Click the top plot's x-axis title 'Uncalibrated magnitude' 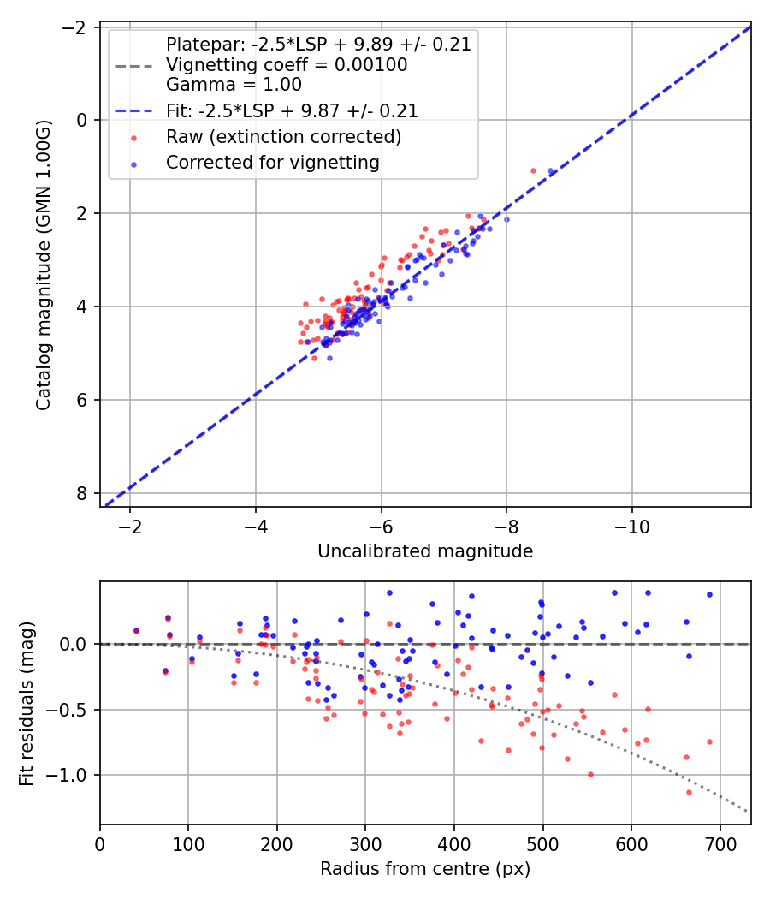click(425, 551)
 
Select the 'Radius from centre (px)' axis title click(425, 869)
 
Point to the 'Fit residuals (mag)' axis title click(27, 702)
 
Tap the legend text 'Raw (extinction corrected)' click(283, 137)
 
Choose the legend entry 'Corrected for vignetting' click(272, 162)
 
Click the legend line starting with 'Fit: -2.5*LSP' click(292, 111)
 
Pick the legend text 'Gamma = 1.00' click(234, 85)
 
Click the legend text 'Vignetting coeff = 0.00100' click(287, 65)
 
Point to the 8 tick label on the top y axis click(82, 494)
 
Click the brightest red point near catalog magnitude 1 click(533, 170)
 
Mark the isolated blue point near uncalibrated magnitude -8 click(506, 219)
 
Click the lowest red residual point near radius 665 click(689, 792)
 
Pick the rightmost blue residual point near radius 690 click(709, 594)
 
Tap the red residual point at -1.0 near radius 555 click(590, 774)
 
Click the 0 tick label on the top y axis click(82, 120)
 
